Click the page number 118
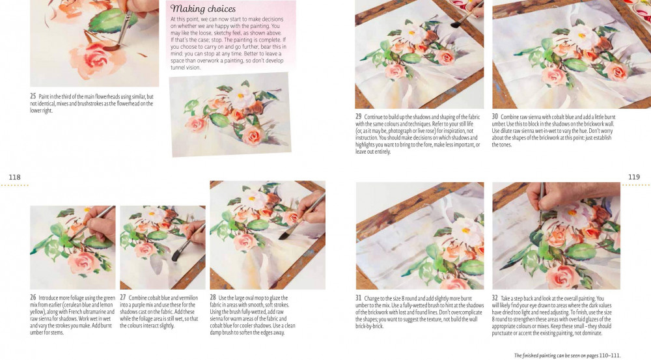pyautogui.click(x=14, y=177)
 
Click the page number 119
pyautogui.click(x=633, y=177)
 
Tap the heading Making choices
pyautogui.click(x=202, y=8)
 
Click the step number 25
pyautogui.click(x=33, y=96)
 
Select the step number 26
pyautogui.click(x=33, y=298)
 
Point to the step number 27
pyautogui.click(x=123, y=298)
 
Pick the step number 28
pyautogui.click(x=213, y=298)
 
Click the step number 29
pyautogui.click(x=358, y=117)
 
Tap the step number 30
pyautogui.click(x=495, y=117)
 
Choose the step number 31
pyautogui.click(x=358, y=298)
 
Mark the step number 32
pyautogui.click(x=495, y=298)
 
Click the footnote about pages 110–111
pyautogui.click(x=567, y=355)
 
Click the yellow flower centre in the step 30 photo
pyautogui.click(x=581, y=36)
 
